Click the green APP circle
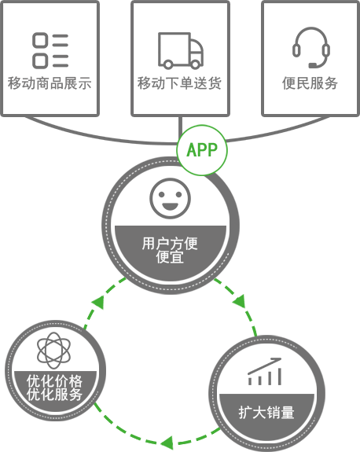[x=202, y=150]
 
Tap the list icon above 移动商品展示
[x=50, y=51]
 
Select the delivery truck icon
[x=181, y=51]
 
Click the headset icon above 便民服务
[x=311, y=48]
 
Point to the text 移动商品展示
[x=50, y=83]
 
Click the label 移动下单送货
[x=179, y=83]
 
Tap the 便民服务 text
[x=310, y=83]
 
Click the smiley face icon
[x=170, y=198]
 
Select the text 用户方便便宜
[x=170, y=250]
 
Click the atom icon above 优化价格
[x=54, y=351]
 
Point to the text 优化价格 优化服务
[x=54, y=388]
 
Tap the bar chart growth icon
[x=265, y=371]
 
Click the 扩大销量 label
[x=266, y=413]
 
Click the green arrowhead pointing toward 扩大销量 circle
[x=240, y=300]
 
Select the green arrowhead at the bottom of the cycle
[x=167, y=443]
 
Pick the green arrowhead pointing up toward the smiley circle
[x=98, y=303]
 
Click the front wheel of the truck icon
[x=196, y=64]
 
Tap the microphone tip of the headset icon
[x=312, y=65]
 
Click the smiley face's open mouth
[x=170, y=207]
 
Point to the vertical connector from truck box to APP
[x=181, y=127]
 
